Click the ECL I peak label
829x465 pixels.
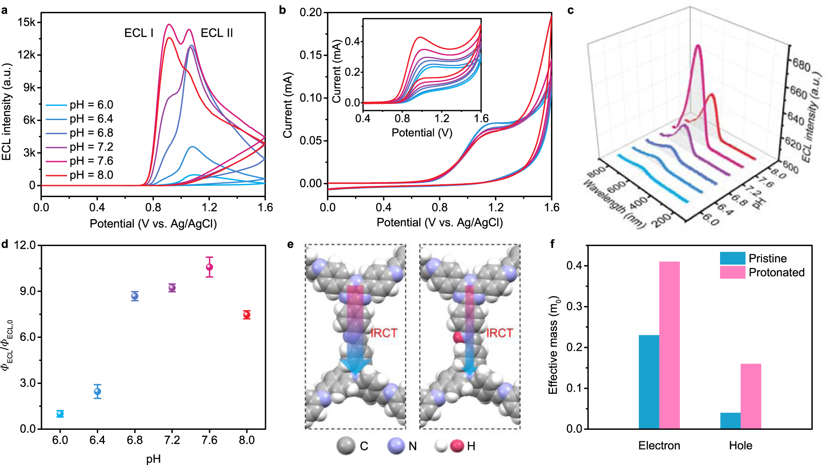coord(139,33)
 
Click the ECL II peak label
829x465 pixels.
coord(217,33)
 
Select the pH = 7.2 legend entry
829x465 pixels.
coord(91,147)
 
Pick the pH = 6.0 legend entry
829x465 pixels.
coord(91,105)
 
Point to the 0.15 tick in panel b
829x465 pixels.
coord(311,55)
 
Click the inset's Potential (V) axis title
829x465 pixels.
coord(422,133)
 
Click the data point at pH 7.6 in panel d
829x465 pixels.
coord(210,267)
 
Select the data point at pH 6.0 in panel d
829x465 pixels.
coord(60,413)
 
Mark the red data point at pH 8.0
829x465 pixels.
coord(247,315)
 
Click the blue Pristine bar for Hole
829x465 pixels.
coord(730,420)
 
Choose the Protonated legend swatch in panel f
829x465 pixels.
coord(732,272)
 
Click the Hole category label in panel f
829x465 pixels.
coord(740,446)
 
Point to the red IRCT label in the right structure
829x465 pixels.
coord(499,333)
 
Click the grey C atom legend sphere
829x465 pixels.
coord(346,446)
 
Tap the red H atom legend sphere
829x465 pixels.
coord(457,446)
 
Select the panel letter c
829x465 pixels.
coord(570,10)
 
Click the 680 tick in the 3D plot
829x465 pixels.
coord(801,65)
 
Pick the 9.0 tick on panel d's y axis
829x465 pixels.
coord(28,291)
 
